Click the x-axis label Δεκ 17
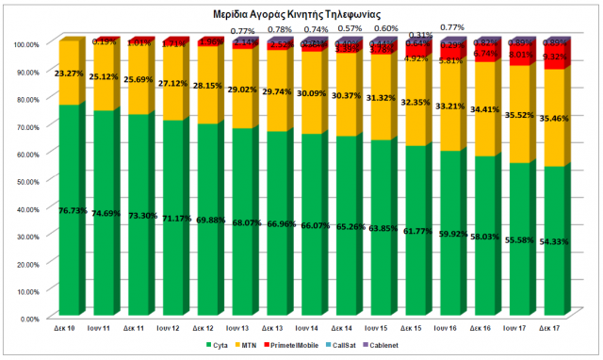[552, 328]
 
